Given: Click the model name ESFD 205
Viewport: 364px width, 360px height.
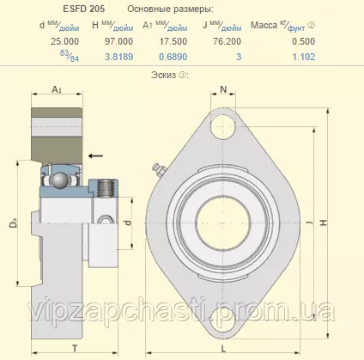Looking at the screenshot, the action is pos(84,9).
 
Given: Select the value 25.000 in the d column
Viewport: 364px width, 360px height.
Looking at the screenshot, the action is pos(64,41).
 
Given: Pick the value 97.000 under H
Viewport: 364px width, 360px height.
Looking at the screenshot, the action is pos(118,41).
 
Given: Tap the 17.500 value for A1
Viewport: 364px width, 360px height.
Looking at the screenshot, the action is pos(173,41).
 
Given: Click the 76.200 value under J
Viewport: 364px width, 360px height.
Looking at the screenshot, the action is pos(227,41).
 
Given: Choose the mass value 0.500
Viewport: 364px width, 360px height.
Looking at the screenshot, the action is pos(304,41).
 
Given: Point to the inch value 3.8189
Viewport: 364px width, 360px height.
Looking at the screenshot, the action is pos(119,57).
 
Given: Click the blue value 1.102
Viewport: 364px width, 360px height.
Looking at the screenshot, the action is pos(304,57).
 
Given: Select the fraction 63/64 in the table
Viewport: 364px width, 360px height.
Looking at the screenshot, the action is pos(70,56).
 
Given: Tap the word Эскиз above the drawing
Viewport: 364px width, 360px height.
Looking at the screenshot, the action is pos(163,75).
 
